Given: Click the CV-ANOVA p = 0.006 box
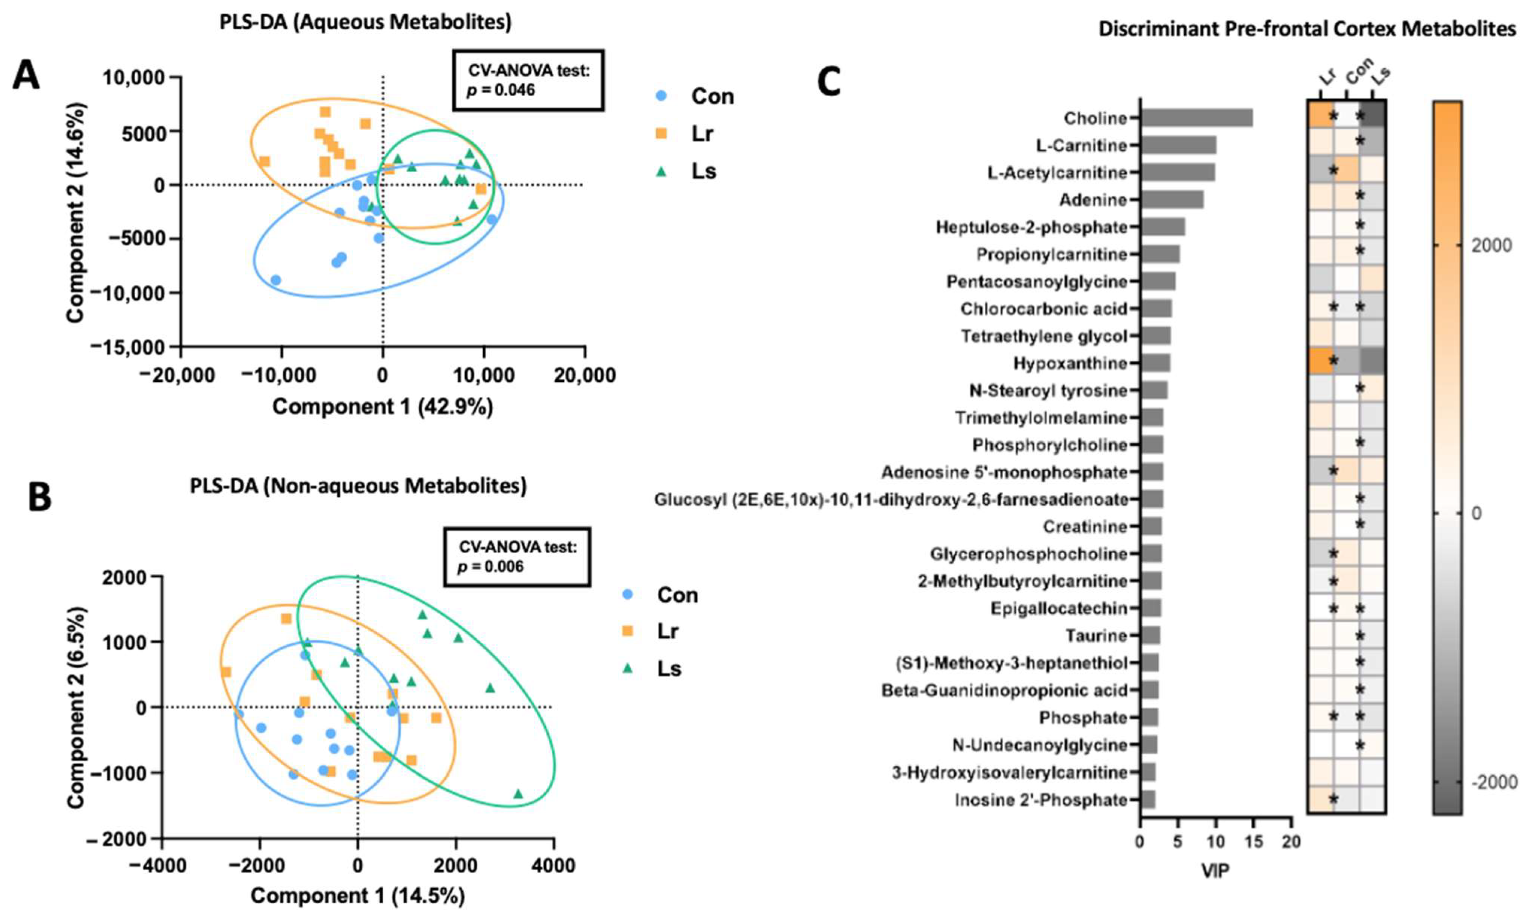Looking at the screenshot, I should tap(517, 557).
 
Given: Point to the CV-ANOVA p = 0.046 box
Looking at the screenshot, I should tap(528, 81).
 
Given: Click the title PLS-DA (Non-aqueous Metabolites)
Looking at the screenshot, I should tap(358, 487).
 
